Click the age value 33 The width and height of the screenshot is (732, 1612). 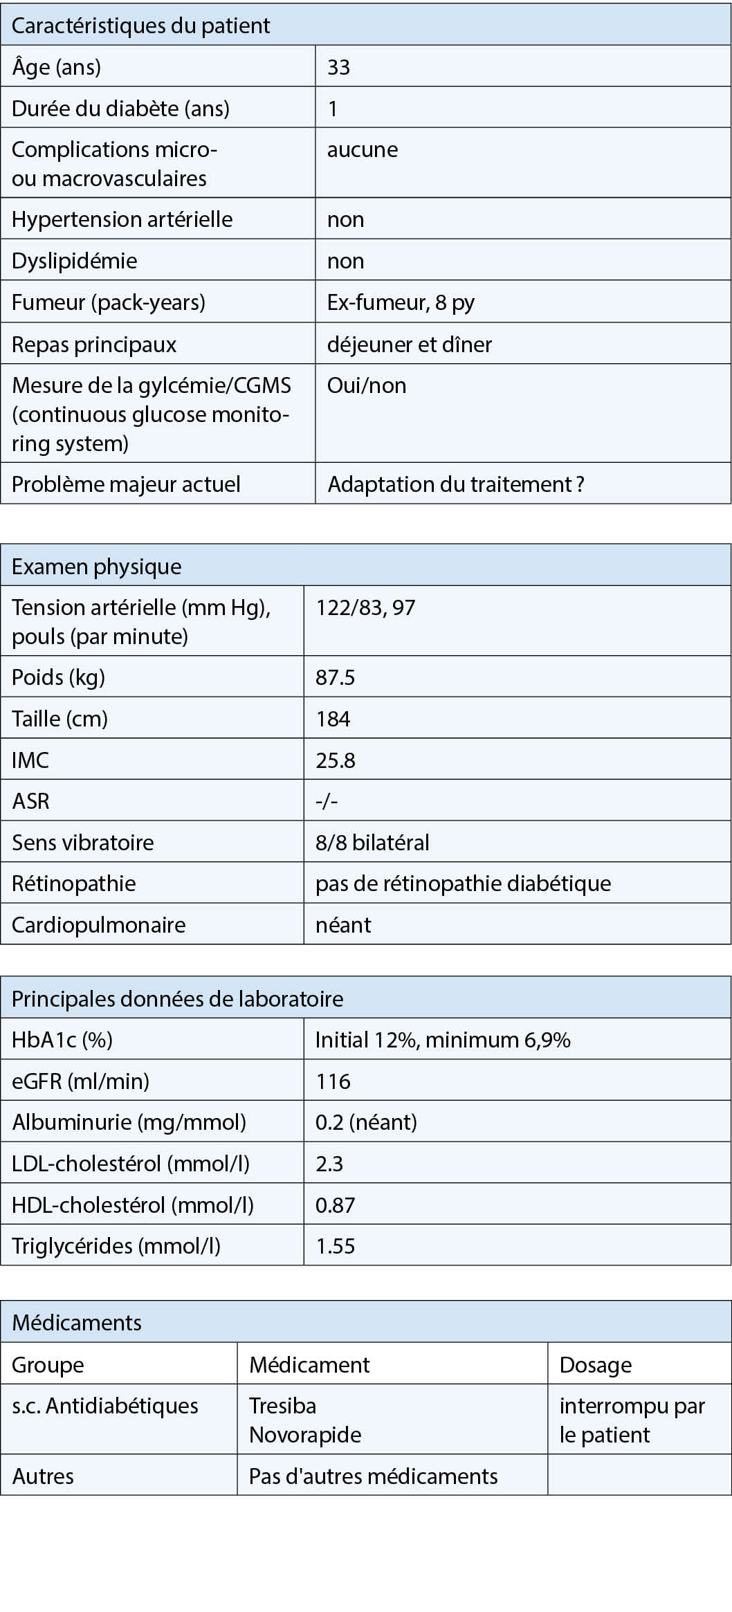[338, 67]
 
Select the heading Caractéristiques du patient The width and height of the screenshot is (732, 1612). [140, 26]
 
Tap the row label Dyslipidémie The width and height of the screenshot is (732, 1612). [75, 261]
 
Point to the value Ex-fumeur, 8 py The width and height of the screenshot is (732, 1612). [401, 302]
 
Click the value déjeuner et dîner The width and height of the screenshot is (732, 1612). [409, 345]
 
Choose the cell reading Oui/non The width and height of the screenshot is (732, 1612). [366, 385]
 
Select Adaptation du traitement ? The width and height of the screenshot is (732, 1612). [456, 484]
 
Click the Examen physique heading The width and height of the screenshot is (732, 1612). [97, 567]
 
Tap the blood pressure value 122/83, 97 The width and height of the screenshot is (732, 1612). [365, 607]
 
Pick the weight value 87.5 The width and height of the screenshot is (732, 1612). [335, 677]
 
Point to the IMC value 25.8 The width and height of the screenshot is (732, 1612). [336, 760]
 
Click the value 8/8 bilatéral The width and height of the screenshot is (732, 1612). [372, 843]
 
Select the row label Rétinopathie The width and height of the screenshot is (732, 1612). [74, 883]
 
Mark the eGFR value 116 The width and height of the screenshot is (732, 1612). [333, 1081]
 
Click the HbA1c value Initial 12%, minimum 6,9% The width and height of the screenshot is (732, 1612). [443, 1040]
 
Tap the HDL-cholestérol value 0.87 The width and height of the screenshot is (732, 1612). [335, 1205]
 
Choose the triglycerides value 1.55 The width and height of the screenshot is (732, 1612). [335, 1246]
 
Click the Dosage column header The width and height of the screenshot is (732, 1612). [596, 1365]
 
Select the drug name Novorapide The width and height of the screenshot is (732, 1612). [305, 1435]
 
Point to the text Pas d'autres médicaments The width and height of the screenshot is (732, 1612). [373, 1476]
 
